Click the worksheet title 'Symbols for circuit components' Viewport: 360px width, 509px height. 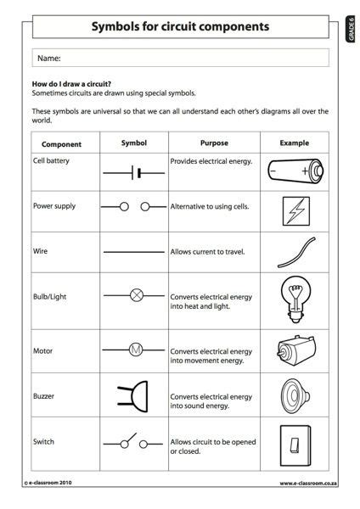point(180,26)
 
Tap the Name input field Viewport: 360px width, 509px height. point(180,58)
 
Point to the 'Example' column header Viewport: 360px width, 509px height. point(294,143)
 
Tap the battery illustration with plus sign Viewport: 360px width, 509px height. point(294,172)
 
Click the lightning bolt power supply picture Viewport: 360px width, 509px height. point(294,210)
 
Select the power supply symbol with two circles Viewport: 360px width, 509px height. point(134,206)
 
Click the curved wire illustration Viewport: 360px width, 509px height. point(294,252)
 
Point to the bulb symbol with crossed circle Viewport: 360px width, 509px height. point(134,296)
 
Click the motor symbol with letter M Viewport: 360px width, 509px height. point(134,349)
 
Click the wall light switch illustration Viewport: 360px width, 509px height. point(294,447)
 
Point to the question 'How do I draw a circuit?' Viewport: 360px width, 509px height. point(72,85)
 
